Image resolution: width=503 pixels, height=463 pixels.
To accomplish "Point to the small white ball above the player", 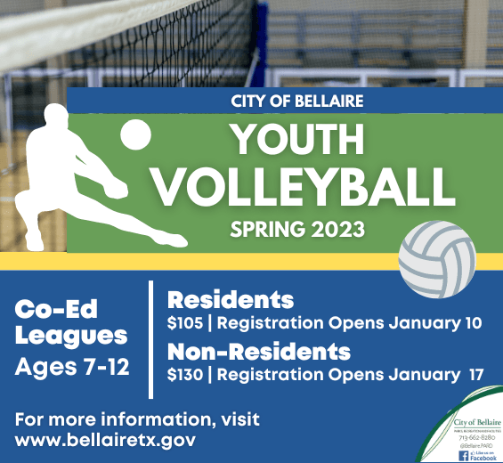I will tap(136, 135).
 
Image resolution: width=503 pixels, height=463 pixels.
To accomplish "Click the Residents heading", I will tap(231, 299).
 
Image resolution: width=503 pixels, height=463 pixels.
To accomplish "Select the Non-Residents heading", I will tap(258, 350).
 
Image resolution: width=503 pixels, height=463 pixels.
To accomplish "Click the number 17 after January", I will tap(476, 374).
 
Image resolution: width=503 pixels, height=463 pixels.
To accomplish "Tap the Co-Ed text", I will tap(56, 310).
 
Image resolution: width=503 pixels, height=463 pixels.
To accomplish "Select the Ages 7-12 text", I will tap(73, 365).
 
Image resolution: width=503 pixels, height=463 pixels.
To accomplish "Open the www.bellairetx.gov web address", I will tap(105, 440).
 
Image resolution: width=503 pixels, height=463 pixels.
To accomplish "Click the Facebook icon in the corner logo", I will tap(463, 455).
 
